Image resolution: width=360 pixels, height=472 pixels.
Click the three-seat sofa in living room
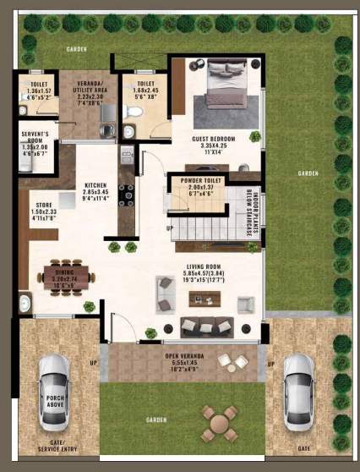point(206,327)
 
